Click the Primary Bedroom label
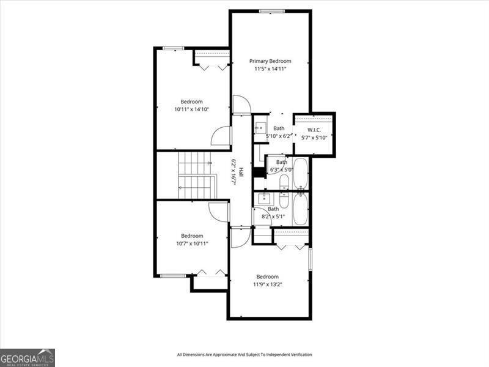click(270, 61)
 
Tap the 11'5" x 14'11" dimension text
click(270, 69)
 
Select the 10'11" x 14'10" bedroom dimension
click(191, 109)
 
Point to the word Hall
click(241, 172)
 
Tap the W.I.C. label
click(314, 129)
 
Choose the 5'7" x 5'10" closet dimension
click(314, 138)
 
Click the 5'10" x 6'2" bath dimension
click(279, 136)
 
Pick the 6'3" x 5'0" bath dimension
click(281, 169)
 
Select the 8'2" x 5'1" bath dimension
click(273, 216)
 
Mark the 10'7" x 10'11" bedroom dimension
click(191, 243)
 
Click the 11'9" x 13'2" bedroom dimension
click(267, 284)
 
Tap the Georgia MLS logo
click(28, 357)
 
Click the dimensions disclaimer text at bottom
click(244, 355)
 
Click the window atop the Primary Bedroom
click(271, 11)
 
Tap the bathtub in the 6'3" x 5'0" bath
click(301, 174)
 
